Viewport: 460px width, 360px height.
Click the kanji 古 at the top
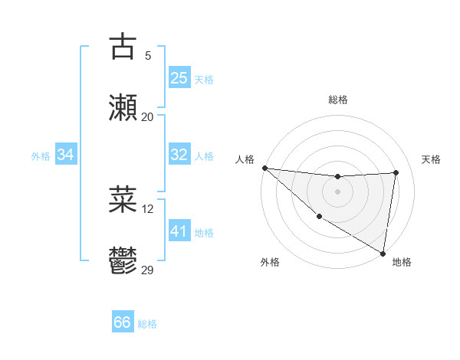[x=123, y=47]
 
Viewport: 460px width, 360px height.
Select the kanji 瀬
[x=123, y=108]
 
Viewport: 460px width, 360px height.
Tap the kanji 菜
[x=123, y=200]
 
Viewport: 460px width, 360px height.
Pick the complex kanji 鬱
[x=123, y=261]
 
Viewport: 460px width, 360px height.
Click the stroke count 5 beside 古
[x=147, y=55]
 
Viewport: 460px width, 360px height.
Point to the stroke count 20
[x=147, y=116]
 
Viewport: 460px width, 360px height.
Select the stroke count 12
[x=147, y=208]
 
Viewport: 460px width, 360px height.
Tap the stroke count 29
[x=147, y=270]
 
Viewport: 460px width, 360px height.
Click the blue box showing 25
[x=179, y=78]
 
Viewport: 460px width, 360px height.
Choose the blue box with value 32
[x=179, y=155]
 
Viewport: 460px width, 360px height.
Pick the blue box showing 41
[x=179, y=231]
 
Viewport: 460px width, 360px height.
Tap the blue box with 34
[x=66, y=155]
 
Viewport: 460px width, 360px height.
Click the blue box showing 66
[x=123, y=322]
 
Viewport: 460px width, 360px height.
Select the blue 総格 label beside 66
[x=147, y=324]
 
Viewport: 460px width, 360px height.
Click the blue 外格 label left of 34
[x=41, y=156]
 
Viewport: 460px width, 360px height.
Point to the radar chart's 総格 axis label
[x=337, y=100]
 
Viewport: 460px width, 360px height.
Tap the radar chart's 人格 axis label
[x=245, y=159]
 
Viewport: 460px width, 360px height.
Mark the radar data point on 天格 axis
[x=396, y=172]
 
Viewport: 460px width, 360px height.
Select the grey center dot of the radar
[x=337, y=191]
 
